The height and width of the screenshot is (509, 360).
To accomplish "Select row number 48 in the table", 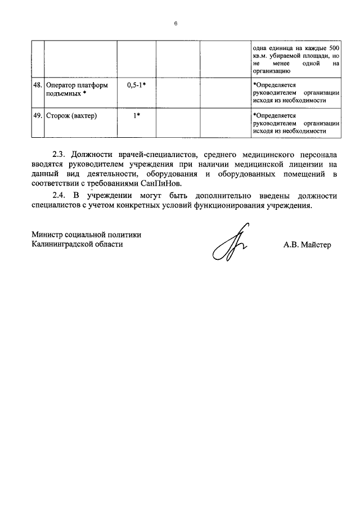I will click(38, 85).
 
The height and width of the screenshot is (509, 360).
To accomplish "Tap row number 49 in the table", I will click(38, 116).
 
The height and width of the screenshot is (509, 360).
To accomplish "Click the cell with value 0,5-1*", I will click(136, 85).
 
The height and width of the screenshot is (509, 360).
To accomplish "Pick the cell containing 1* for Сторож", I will click(136, 116).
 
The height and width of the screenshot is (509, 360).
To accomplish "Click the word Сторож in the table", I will click(58, 116).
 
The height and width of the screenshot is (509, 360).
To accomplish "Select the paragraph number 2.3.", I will click(58, 154).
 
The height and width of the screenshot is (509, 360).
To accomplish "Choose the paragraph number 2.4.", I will click(58, 196).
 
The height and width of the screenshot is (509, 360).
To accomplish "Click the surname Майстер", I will click(317, 245).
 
